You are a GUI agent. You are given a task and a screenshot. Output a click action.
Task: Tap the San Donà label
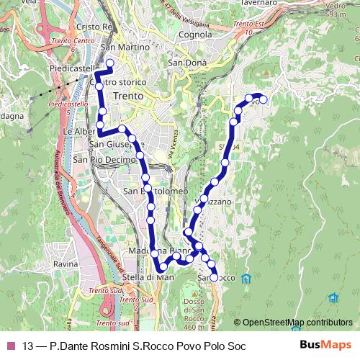[187, 63]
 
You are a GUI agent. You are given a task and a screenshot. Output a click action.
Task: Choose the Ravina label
[65, 265]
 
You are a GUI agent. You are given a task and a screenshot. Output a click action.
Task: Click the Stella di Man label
[149, 277]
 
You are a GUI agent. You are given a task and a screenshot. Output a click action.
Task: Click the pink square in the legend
[9, 346]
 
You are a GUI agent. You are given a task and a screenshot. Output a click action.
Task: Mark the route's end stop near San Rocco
[214, 277]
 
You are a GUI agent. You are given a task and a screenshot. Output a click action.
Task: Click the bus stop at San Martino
[110, 63]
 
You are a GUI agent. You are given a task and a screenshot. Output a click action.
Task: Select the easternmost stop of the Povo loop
[263, 99]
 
